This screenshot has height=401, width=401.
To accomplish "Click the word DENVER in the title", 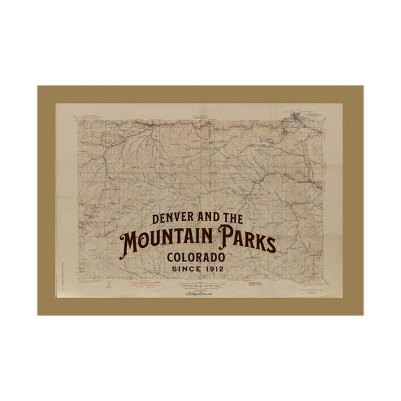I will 176,219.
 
